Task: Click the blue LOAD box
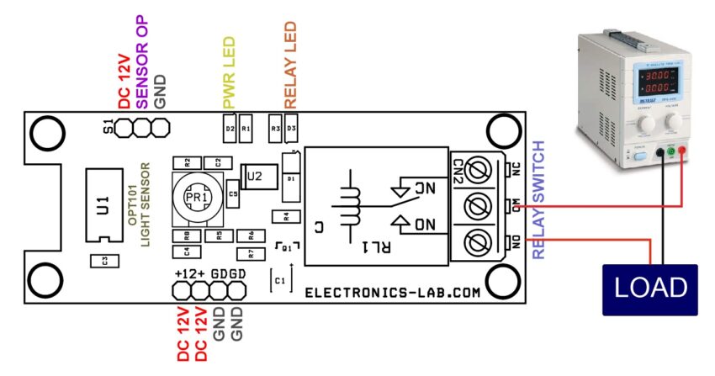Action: coord(650,289)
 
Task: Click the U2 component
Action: coord(254,176)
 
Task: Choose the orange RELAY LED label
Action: coord(290,64)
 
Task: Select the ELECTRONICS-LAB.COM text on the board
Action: coord(392,293)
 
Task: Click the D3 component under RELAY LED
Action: coord(291,129)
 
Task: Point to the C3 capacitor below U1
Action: coord(103,261)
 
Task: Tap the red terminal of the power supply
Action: coord(682,152)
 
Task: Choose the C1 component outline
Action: coord(280,279)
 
